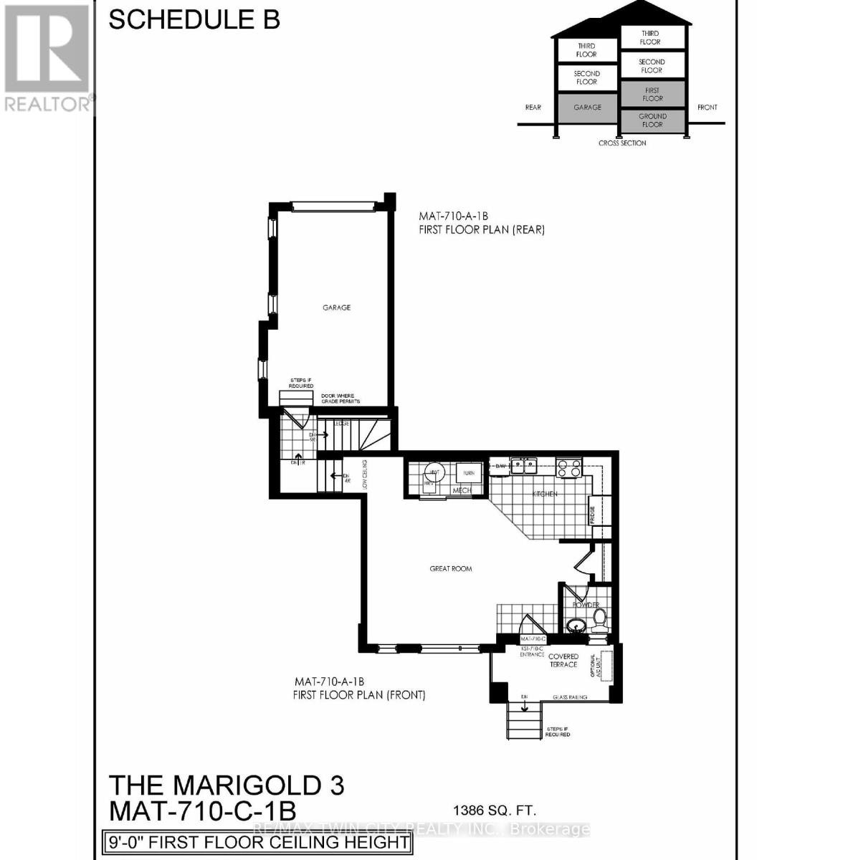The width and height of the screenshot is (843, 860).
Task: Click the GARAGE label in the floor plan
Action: pyautogui.click(x=336, y=307)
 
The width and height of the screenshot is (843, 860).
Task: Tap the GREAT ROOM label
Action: pyautogui.click(x=451, y=568)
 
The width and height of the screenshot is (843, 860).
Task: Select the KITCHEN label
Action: pyautogui.click(x=545, y=494)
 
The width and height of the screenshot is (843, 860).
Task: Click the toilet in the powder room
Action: pyautogui.click(x=599, y=616)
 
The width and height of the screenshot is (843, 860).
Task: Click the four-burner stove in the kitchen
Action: pyautogui.click(x=569, y=467)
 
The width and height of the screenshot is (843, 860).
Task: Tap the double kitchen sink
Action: pyautogui.click(x=523, y=466)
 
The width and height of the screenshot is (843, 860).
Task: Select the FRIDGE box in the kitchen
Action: pyautogui.click(x=593, y=515)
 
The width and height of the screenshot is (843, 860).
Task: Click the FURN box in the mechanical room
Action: pyautogui.click(x=469, y=473)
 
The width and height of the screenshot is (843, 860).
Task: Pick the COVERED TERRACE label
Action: pyautogui.click(x=563, y=660)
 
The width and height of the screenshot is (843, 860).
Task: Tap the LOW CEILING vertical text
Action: pyautogui.click(x=365, y=474)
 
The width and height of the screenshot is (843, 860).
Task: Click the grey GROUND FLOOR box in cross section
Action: pyautogui.click(x=652, y=120)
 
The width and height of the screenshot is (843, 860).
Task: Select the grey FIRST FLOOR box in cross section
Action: pyautogui.click(x=652, y=95)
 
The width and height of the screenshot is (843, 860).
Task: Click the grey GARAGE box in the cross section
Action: pyautogui.click(x=587, y=107)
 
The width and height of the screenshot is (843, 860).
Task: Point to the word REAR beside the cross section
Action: pyautogui.click(x=533, y=107)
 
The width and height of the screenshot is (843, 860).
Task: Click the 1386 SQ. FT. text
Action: pyautogui.click(x=495, y=811)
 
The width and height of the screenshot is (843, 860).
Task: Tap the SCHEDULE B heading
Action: pyautogui.click(x=194, y=19)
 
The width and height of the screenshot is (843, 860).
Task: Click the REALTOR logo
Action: pyautogui.click(x=48, y=57)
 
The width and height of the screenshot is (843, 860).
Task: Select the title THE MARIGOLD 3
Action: pyautogui.click(x=226, y=785)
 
